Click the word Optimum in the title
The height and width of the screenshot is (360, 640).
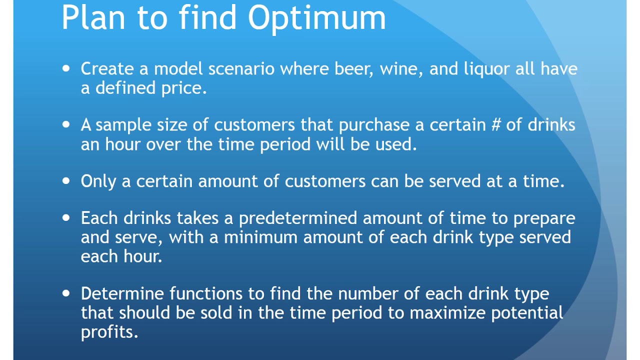[x=317, y=19]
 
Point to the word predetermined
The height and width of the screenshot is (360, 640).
[x=297, y=218]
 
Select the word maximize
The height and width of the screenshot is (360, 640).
[x=447, y=313]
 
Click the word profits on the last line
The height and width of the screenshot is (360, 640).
[x=108, y=332]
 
